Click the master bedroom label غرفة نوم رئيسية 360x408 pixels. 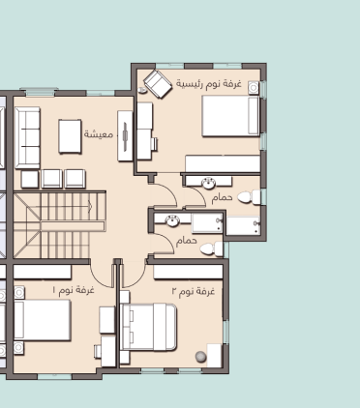pyautogui.click(x=209, y=84)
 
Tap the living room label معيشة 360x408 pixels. pyautogui.click(x=99, y=133)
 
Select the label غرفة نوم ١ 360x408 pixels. pyautogui.click(x=74, y=290)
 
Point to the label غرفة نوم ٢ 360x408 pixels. pyautogui.click(x=194, y=291)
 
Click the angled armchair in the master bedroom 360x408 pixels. pyautogui.click(x=158, y=84)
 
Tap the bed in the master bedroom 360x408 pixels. pyautogui.click(x=231, y=116)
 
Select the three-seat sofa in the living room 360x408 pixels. pyautogui.click(x=28, y=138)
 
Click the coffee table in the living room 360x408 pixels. pyautogui.click(x=70, y=136)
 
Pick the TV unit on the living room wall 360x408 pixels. pyautogui.click(x=125, y=135)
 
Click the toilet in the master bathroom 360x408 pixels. pyautogui.click(x=250, y=197)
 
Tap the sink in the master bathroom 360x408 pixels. pyautogui.click(x=209, y=183)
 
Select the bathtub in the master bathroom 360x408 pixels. pyautogui.click(x=243, y=225)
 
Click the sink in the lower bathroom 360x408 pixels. pyautogui.click(x=172, y=220)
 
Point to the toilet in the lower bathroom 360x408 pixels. pyautogui.click(x=211, y=249)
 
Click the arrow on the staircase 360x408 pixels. pyautogui.click(x=90, y=206)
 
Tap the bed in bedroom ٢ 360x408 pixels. pyautogui.click(x=150, y=327)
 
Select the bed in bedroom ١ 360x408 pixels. pyautogui.click(x=43, y=320)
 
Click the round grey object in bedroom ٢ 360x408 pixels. pyautogui.click(x=200, y=357)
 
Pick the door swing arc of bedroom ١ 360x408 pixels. pyautogui.click(x=98, y=279)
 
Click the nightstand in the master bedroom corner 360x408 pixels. pyautogui.click(x=254, y=87)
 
